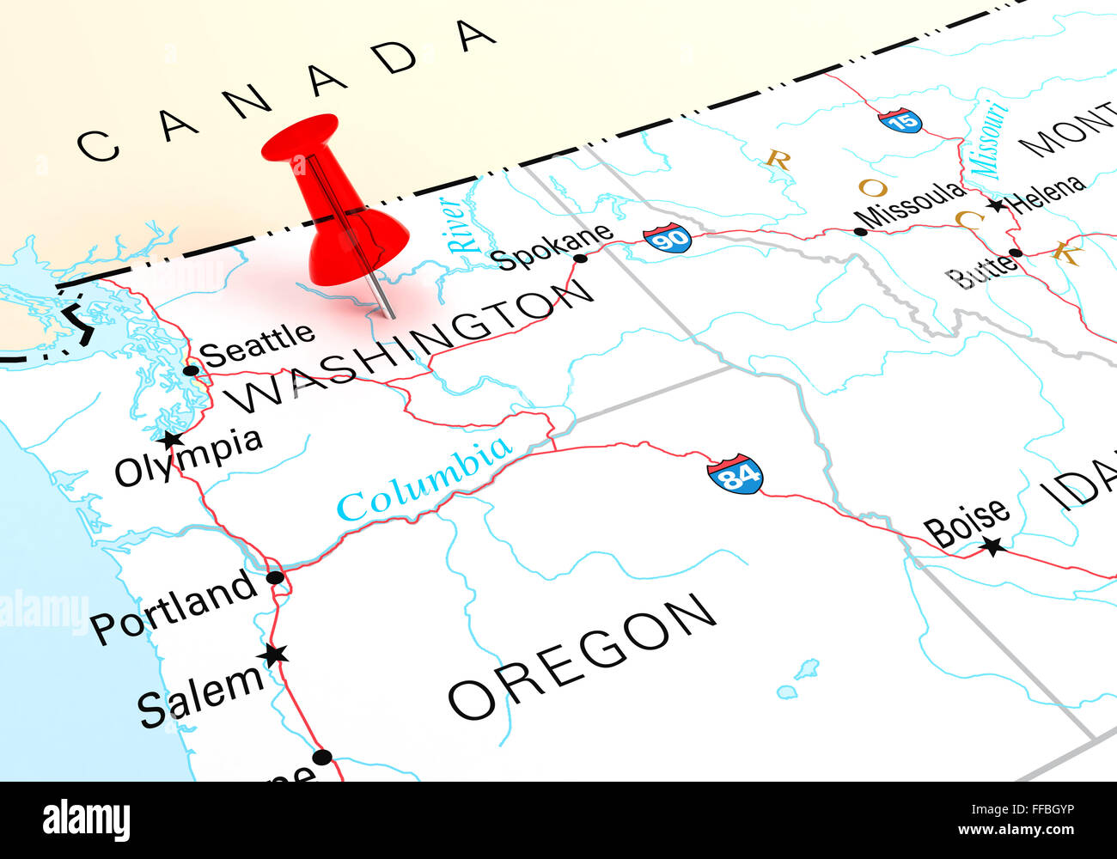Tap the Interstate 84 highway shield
(x=735, y=475)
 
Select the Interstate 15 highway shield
(x=900, y=120)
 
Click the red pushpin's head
(x=301, y=137)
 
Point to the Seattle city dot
(x=191, y=371)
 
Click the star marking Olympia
(x=172, y=440)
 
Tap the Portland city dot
(x=274, y=577)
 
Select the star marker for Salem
(x=274, y=655)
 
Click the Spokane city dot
(x=581, y=258)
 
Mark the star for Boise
(x=993, y=545)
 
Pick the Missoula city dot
(x=860, y=231)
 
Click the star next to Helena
(x=996, y=205)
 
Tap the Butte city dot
(x=1016, y=253)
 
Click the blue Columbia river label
(x=424, y=478)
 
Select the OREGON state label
(x=582, y=655)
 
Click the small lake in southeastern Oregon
(x=805, y=668)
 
